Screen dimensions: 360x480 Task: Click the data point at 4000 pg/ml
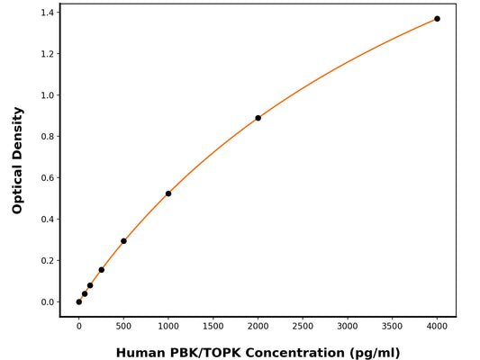click(x=437, y=19)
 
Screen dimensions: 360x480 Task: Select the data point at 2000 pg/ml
click(x=258, y=118)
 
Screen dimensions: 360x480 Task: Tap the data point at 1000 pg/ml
click(x=168, y=193)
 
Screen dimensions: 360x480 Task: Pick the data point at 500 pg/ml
click(x=123, y=241)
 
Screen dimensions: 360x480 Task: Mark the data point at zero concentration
click(x=79, y=301)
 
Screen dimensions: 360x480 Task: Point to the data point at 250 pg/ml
click(x=101, y=270)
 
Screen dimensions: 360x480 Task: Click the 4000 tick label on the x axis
click(x=437, y=328)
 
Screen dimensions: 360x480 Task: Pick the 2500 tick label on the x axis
click(x=303, y=328)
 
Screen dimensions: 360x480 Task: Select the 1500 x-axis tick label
click(x=213, y=328)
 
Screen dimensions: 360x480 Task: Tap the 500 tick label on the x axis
click(x=123, y=328)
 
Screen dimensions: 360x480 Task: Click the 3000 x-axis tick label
click(x=348, y=328)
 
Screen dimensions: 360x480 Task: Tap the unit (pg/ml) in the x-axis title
click(x=370, y=353)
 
